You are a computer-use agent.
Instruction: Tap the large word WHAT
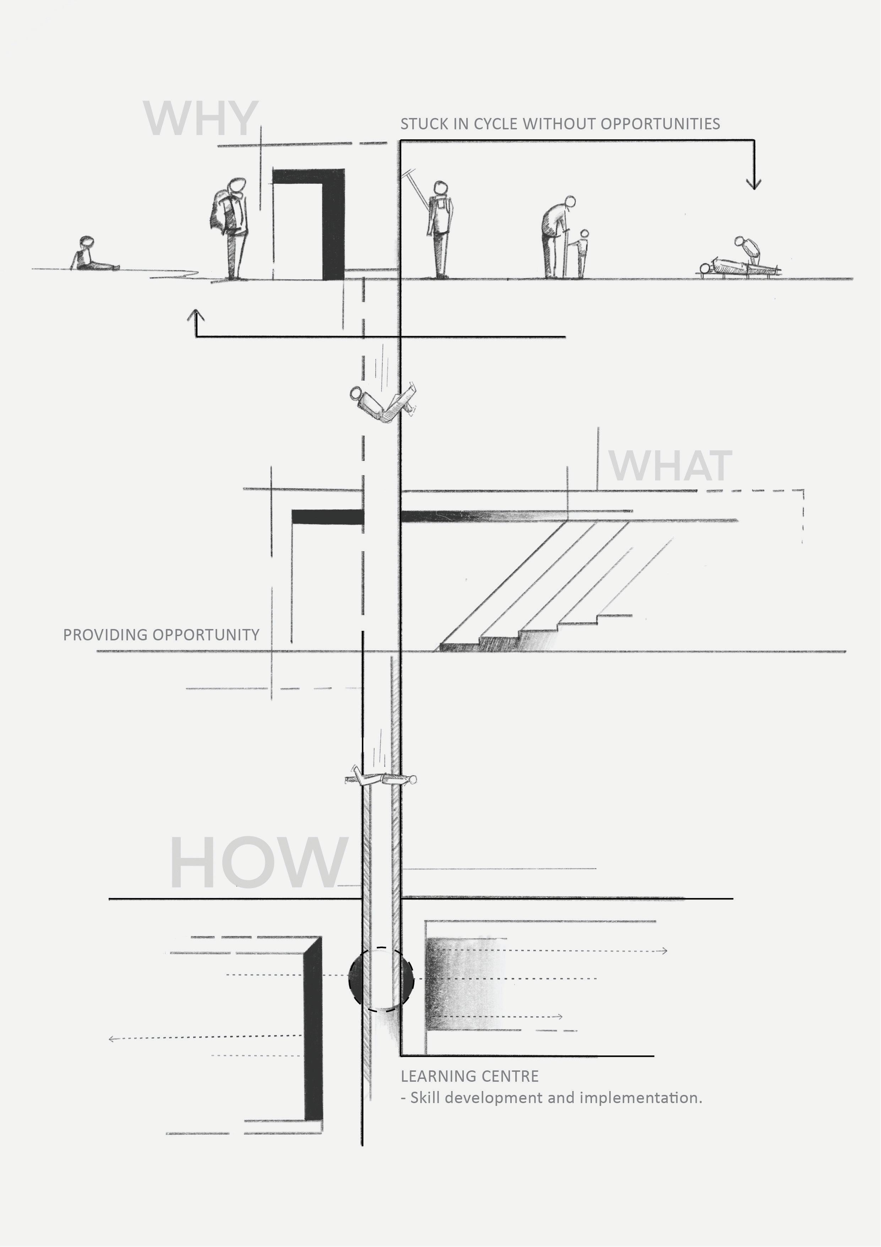(x=670, y=466)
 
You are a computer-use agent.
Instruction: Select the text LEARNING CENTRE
(x=469, y=1076)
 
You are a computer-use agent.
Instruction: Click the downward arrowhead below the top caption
(x=754, y=184)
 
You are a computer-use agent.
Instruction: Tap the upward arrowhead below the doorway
(x=196, y=315)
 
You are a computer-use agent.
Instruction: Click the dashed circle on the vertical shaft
(x=381, y=979)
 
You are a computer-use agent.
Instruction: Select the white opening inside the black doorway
(x=298, y=231)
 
